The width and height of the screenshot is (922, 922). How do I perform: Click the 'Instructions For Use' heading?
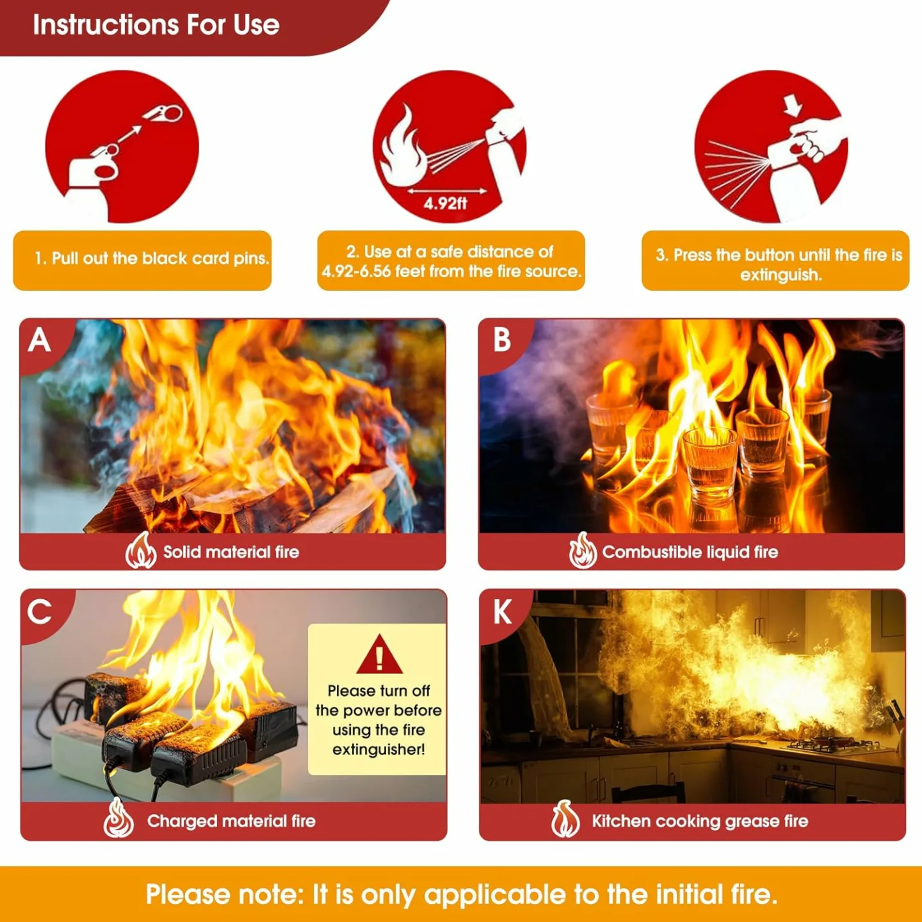tap(156, 25)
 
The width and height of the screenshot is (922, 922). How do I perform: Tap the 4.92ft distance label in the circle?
tap(445, 204)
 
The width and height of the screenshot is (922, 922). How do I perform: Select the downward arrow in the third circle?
tap(793, 105)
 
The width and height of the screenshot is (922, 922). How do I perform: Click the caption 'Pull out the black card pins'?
tap(152, 259)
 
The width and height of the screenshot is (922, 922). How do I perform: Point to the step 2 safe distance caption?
tap(451, 261)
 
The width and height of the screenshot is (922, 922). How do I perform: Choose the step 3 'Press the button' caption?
tap(778, 264)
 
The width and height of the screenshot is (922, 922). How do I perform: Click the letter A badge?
tap(40, 340)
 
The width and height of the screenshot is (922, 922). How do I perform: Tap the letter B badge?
tap(501, 340)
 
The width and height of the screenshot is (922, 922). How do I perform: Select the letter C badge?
tap(40, 611)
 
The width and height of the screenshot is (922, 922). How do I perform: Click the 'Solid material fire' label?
tap(230, 552)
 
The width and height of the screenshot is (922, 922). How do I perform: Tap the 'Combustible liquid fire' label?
tap(690, 552)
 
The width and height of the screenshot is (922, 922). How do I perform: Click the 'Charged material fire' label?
tap(230, 821)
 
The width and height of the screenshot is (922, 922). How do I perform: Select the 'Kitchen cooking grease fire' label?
tap(699, 821)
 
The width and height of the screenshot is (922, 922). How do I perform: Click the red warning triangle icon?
tap(379, 656)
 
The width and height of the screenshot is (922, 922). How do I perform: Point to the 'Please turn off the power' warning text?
tap(378, 720)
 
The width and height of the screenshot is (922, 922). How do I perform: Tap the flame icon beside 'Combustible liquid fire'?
tap(582, 551)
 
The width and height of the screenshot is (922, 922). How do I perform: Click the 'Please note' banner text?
tap(461, 894)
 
